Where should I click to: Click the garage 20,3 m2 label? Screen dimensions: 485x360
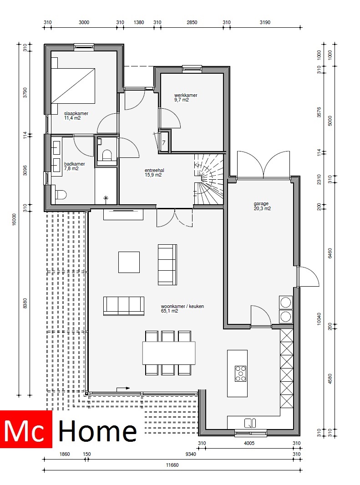coord(262,206)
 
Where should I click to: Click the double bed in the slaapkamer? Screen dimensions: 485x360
coord(73,85)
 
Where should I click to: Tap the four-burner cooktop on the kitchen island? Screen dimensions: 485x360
coord(241,373)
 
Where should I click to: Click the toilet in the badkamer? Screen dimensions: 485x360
coord(60,195)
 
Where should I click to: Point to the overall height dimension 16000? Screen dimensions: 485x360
coord(14,219)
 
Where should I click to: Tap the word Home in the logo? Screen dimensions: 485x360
coord(98,431)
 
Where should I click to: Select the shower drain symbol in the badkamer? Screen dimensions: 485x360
coord(106,198)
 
